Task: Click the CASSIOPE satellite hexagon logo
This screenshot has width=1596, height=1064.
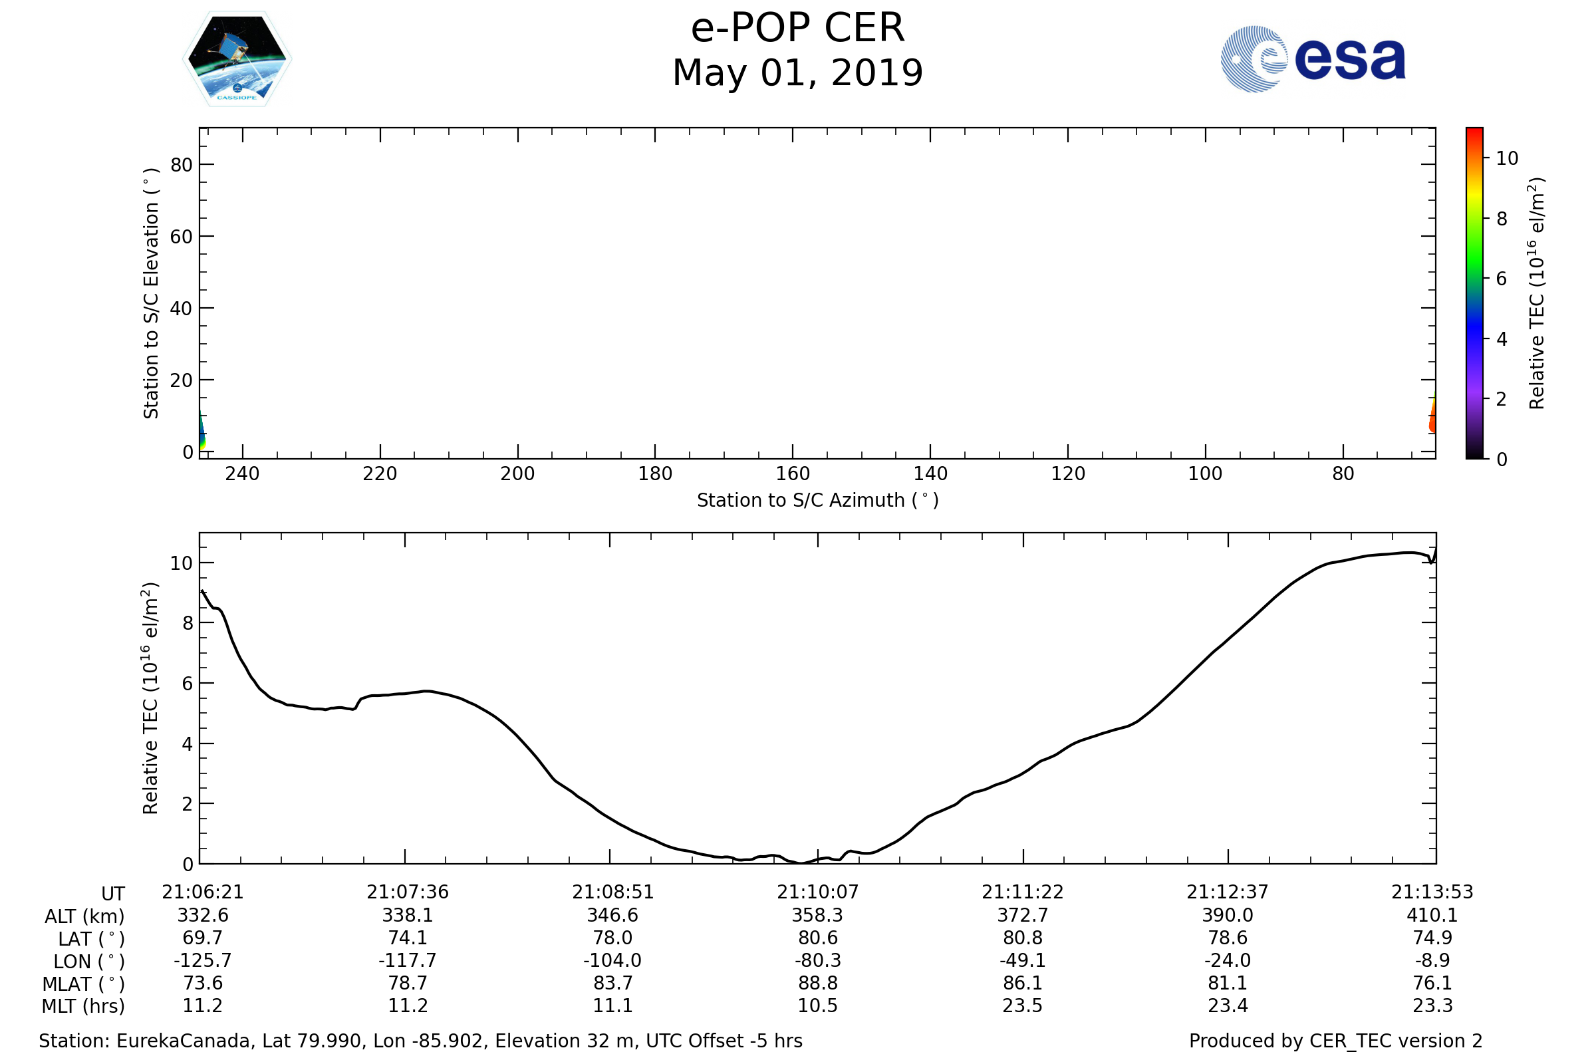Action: pos(237,59)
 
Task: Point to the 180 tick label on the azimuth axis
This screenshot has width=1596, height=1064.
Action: pos(655,473)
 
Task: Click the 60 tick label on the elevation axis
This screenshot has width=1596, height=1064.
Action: pos(181,237)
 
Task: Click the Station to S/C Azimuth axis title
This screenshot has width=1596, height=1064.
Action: pos(818,501)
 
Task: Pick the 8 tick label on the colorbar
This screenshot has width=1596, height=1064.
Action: pos(1502,219)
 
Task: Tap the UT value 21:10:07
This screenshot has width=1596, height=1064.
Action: pos(818,892)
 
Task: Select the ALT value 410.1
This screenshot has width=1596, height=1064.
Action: pos(1432,916)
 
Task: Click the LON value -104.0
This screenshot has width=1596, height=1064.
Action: pos(612,961)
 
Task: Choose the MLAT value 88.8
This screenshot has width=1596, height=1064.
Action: pos(818,984)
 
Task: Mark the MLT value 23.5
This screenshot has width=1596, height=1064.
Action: pos(1023,1005)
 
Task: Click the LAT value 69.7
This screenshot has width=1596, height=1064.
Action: pos(202,938)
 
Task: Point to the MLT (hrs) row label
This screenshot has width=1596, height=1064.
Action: pos(84,1006)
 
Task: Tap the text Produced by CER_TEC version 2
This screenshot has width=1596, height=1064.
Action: pos(1335,1041)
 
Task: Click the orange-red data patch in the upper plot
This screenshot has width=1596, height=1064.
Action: pos(1432,422)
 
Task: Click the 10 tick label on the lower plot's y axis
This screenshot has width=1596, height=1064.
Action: pos(181,563)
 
